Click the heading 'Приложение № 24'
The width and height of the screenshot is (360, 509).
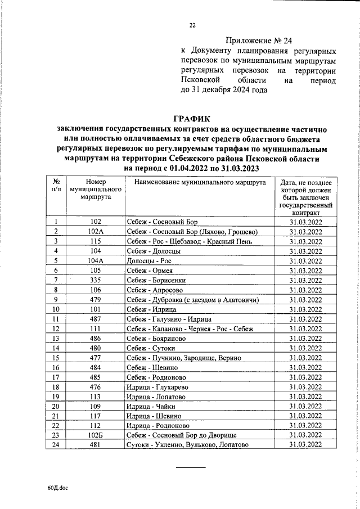click(259, 41)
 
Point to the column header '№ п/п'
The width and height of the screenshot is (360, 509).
click(56, 187)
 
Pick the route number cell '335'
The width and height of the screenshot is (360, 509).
click(96, 280)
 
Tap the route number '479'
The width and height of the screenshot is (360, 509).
click(96, 300)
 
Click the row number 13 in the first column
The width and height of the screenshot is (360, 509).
click(56, 339)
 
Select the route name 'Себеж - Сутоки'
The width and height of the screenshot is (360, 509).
click(150, 348)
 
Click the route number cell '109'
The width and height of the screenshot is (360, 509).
click(96, 406)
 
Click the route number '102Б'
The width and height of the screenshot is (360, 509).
click(96, 435)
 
